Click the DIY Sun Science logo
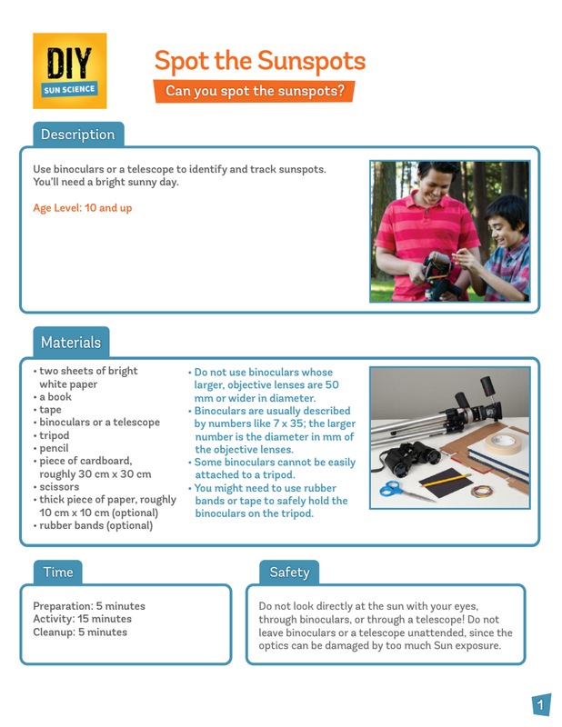coord(69,71)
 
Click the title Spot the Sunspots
coord(259,61)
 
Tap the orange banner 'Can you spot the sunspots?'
coord(254,91)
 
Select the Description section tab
coord(77,134)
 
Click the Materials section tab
coord(71,343)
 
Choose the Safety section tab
coord(289,572)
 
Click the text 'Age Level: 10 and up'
coord(82,208)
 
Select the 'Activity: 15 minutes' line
coord(82,619)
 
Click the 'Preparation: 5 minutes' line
coord(88,606)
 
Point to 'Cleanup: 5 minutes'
coord(80,632)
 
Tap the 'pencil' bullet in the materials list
coord(55,448)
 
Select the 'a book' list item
coord(55,397)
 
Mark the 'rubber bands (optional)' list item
coord(95,524)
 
